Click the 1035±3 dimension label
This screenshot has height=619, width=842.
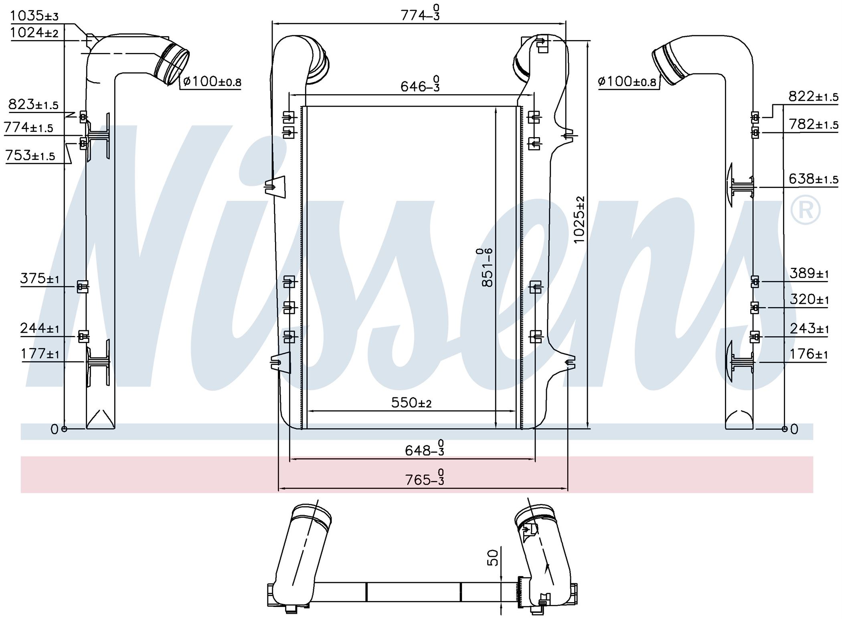(34, 16)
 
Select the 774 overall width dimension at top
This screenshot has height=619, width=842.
(420, 15)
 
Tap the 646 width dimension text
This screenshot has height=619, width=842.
(420, 85)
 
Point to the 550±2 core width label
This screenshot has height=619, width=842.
(411, 403)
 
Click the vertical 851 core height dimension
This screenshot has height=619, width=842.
(486, 267)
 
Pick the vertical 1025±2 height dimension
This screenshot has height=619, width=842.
(579, 220)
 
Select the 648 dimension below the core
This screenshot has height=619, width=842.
(424, 449)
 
